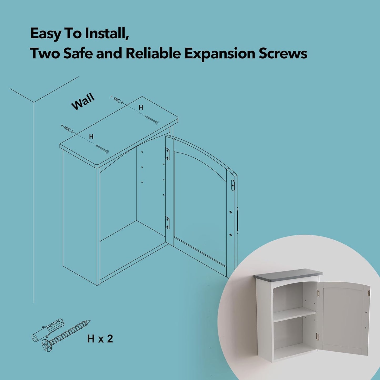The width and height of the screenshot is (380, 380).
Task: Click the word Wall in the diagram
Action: (83, 102)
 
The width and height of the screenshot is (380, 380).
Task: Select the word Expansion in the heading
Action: (220, 53)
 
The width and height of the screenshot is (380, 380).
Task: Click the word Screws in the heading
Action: (283, 53)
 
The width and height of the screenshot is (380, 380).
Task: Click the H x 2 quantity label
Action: (100, 339)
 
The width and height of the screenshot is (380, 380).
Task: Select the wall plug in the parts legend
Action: (48, 329)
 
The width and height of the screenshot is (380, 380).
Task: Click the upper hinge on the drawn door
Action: (167, 154)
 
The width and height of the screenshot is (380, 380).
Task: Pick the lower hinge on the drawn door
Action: (167, 222)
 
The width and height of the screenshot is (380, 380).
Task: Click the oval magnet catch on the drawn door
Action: (233, 185)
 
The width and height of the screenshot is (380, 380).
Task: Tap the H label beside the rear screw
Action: (141, 108)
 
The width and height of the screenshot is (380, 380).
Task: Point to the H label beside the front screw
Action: (91, 136)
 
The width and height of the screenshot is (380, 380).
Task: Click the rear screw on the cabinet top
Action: (152, 120)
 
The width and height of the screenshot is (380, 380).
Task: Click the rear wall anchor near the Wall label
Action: (117, 100)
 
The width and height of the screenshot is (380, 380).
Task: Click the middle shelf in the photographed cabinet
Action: (295, 314)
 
